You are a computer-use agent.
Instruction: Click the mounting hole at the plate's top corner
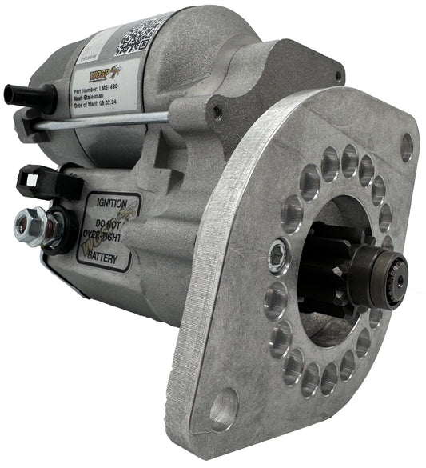(x=406, y=146)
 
